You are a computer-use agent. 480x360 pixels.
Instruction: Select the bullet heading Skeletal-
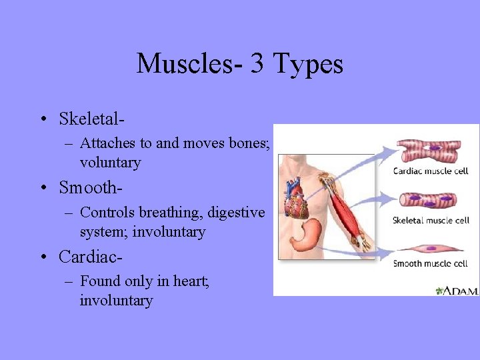click(92, 119)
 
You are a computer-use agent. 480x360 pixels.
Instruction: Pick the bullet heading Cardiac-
click(91, 257)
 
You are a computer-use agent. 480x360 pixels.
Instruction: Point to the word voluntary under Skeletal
click(110, 162)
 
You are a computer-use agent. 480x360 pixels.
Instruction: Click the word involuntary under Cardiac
click(116, 301)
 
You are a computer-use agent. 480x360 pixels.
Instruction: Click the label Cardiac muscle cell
click(431, 171)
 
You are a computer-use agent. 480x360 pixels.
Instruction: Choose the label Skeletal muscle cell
click(431, 221)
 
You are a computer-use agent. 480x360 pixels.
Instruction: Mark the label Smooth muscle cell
click(431, 263)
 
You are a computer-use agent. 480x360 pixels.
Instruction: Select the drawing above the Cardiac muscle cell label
click(428, 149)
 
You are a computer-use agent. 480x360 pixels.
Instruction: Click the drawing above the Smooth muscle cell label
click(428, 248)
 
